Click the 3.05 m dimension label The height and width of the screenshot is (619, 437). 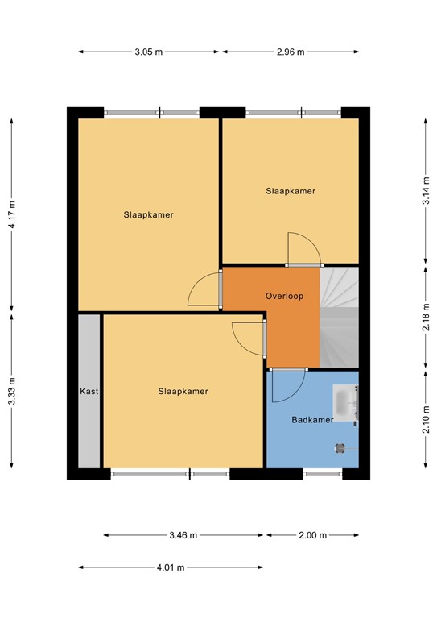149,52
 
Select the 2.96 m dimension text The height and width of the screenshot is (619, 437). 291,52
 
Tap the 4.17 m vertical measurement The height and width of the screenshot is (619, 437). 12,214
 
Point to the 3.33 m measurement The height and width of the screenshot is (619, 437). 12,391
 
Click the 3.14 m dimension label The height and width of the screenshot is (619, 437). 426,191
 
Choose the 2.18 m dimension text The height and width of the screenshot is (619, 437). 426,317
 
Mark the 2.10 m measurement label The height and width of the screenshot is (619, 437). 426,419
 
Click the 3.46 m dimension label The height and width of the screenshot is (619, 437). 183,535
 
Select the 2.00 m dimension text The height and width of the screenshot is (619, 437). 312,535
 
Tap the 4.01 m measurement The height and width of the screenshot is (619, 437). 171,567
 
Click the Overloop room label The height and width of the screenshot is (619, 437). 284,296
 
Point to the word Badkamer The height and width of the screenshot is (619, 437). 312,420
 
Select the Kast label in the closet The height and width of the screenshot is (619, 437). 89,391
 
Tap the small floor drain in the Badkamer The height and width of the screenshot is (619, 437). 340,448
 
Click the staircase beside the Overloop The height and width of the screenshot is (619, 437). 340,318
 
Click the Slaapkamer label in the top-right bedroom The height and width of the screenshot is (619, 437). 291,191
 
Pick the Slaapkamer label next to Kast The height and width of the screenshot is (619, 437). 183,391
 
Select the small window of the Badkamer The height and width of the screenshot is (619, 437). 323,474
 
